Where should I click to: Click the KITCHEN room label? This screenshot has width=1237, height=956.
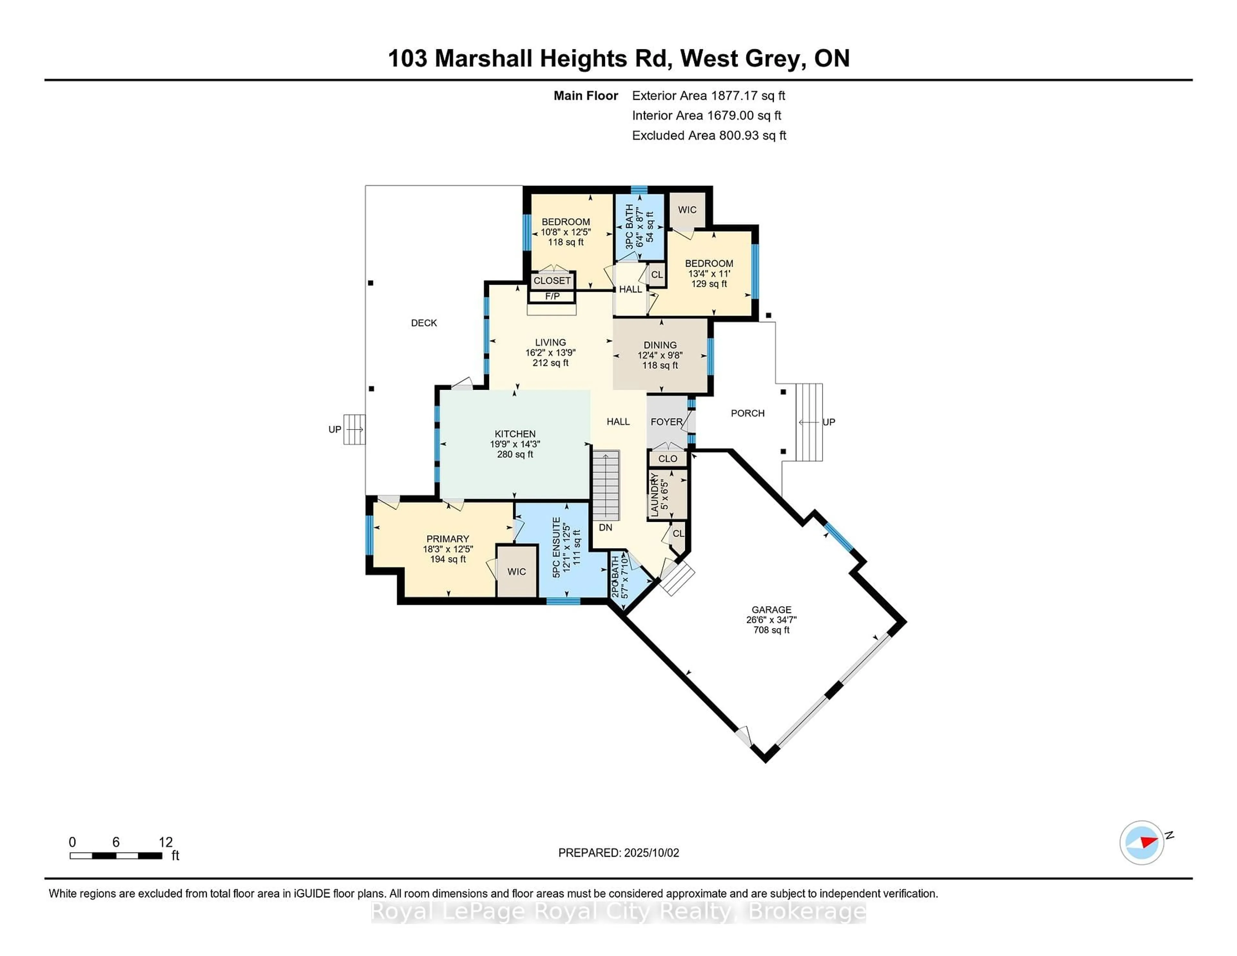(x=515, y=434)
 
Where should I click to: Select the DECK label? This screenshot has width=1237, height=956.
(x=424, y=323)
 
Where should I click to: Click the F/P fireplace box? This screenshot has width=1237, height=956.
(x=552, y=296)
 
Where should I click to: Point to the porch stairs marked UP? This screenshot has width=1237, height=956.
(x=809, y=422)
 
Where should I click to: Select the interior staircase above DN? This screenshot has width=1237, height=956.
(x=606, y=485)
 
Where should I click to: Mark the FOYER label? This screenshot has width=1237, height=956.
(x=666, y=422)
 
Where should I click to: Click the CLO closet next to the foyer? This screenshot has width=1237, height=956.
(x=668, y=458)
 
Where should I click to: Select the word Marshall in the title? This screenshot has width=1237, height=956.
(x=483, y=58)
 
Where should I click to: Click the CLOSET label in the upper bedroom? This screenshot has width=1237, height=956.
(x=552, y=280)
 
